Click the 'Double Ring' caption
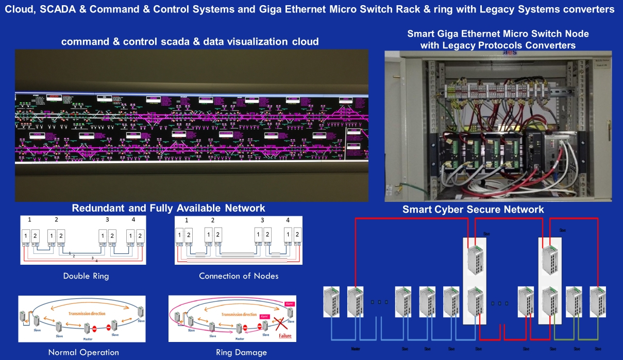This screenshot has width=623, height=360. point(86,276)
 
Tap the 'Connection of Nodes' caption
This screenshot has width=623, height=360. point(239,276)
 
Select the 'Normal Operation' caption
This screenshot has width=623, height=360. point(83,353)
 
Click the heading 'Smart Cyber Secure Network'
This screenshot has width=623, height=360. point(473,210)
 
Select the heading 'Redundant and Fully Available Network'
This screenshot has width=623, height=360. point(168,208)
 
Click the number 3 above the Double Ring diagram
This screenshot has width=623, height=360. point(107,220)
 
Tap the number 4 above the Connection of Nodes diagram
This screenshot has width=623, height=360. point(288,220)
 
